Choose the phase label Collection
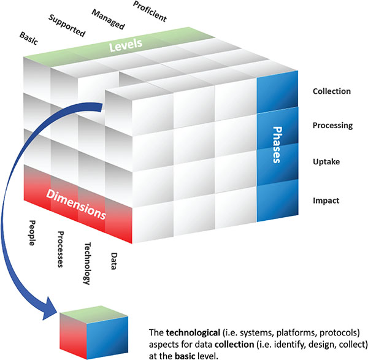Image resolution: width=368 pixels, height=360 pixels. [x=331, y=91]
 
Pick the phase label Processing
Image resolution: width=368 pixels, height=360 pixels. [x=332, y=126]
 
